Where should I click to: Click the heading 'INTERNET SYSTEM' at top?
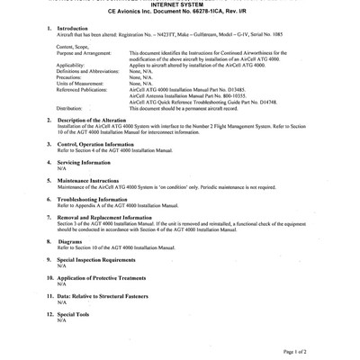179,5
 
